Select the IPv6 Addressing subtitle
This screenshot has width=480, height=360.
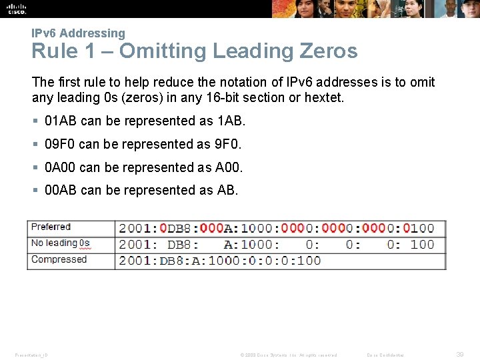tap(78, 33)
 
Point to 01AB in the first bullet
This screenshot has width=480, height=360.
tap(61, 121)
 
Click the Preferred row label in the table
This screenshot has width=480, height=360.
tap(51, 227)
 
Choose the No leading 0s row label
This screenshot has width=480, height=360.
tap(60, 243)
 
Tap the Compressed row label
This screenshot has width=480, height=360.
tap(59, 259)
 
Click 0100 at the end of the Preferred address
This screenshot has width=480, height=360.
tap(418, 228)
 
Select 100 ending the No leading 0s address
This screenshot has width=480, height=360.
tap(422, 245)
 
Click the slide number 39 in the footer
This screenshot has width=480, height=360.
tap(460, 355)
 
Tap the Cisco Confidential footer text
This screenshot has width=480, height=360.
tap(386, 355)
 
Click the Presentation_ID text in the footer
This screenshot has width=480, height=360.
tap(31, 355)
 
